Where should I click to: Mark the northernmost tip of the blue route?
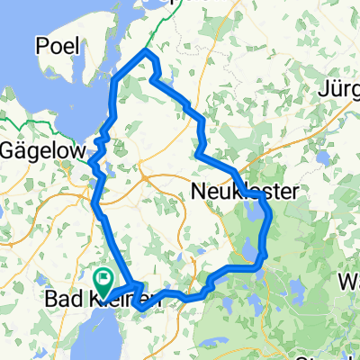[x=147, y=52]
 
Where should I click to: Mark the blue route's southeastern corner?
[x=260, y=265]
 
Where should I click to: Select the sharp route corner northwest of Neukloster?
[x=196, y=155]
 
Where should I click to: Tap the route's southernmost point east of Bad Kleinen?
[x=139, y=309]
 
